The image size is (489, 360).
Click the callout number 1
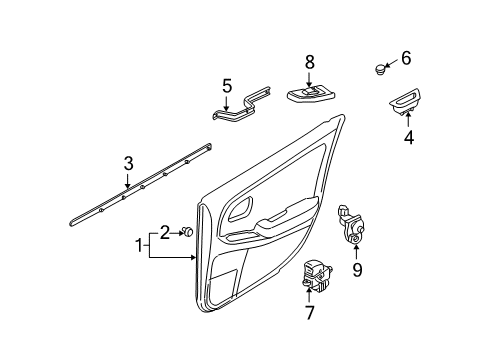pos(140,246)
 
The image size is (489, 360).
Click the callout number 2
pos(165,232)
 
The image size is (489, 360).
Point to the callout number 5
pos(226,86)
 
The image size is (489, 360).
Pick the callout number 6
pos(406,57)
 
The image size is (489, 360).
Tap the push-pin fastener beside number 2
pos(186,232)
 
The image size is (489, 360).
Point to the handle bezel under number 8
pos(311,94)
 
